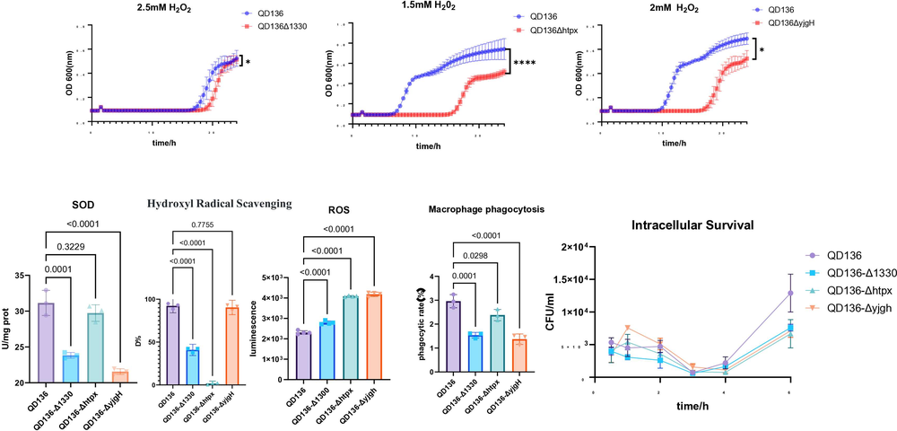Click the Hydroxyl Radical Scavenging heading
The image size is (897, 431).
pos(220,204)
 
